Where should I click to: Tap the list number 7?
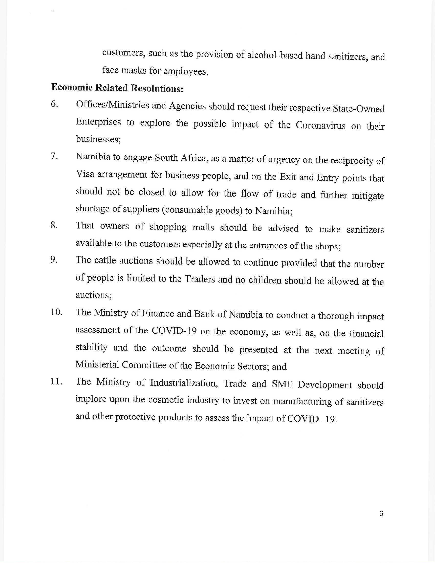(54, 156)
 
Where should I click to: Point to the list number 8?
(54, 225)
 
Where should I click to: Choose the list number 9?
(54, 260)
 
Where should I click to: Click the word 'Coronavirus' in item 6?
(320, 125)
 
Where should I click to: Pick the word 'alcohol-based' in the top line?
(275, 55)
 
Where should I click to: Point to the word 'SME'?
(282, 384)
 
